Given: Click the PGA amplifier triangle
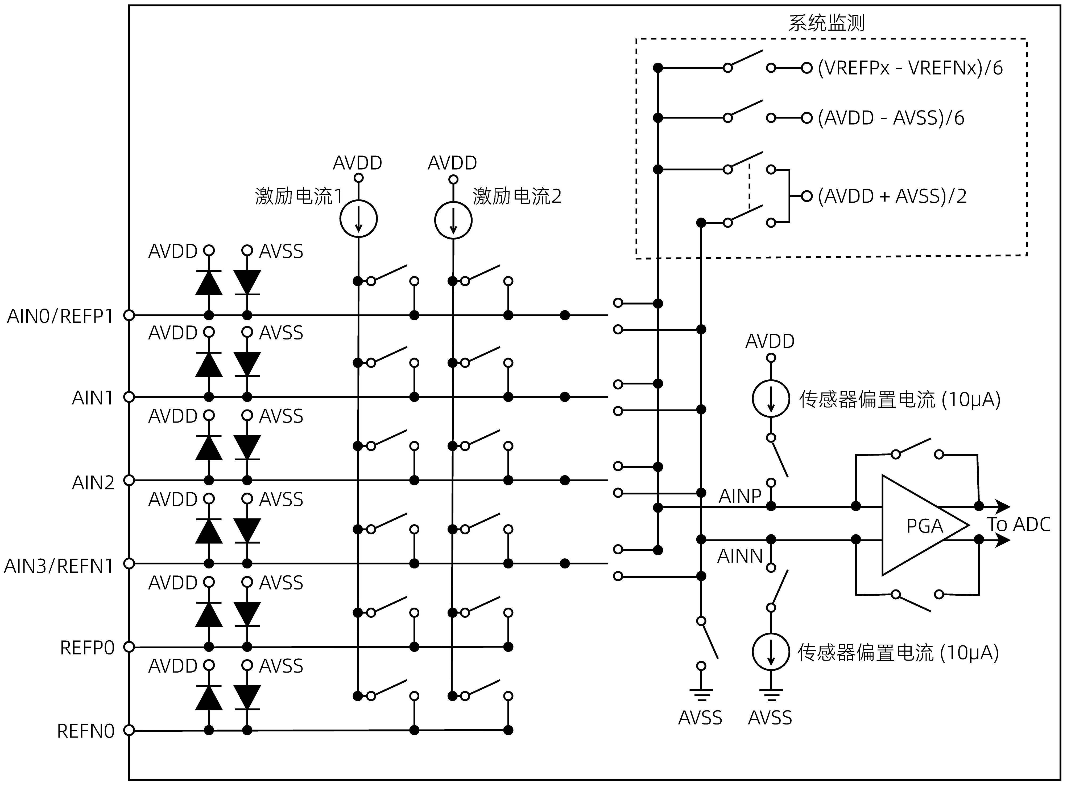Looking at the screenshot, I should click(x=918, y=525).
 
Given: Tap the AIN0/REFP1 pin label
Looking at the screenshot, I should click(x=60, y=316).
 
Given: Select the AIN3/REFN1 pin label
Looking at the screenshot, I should click(x=59, y=566).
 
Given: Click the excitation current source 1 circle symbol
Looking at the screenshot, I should click(x=358, y=219).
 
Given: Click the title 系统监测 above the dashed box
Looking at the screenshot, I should click(x=826, y=22).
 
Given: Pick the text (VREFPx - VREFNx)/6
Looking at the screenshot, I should click(x=910, y=68).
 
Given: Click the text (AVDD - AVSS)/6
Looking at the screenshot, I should click(x=891, y=118).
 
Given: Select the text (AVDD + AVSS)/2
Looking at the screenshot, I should click(x=892, y=196).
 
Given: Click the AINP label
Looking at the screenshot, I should click(x=740, y=496).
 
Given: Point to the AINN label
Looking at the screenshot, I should click(x=740, y=556).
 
